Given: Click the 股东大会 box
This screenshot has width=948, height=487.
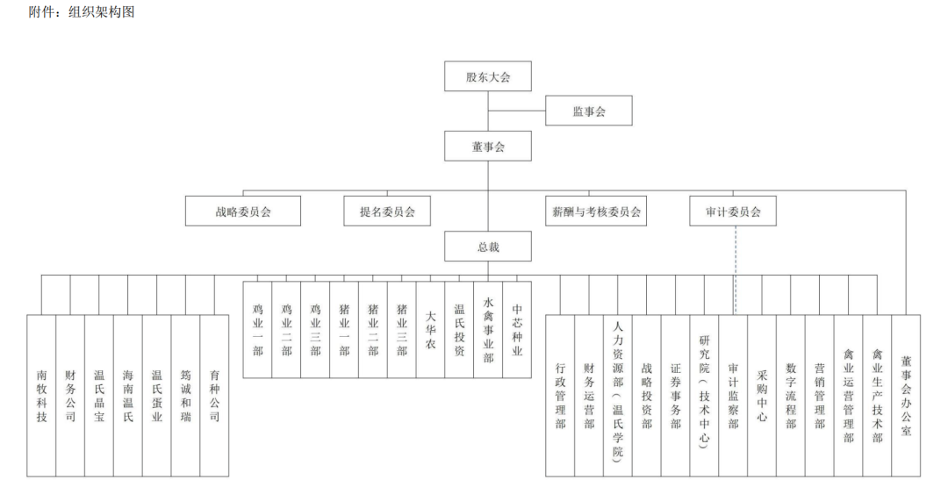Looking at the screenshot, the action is click(488, 76).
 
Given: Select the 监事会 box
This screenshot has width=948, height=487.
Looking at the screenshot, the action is click(589, 111).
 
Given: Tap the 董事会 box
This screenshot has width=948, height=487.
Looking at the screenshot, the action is click(488, 147).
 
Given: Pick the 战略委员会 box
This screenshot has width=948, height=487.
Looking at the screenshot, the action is click(243, 211).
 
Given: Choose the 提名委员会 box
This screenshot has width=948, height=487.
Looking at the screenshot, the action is click(387, 211).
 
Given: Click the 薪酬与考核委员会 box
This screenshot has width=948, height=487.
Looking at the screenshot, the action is click(596, 211).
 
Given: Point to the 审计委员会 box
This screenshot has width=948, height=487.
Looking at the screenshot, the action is click(733, 211).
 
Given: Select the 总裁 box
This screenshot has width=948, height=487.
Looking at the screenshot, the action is click(488, 247).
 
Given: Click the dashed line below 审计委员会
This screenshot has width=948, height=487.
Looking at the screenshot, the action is click(736, 270).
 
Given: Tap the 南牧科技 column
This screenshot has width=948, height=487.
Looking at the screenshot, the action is click(42, 396).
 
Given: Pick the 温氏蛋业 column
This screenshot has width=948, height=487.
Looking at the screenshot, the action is click(157, 396).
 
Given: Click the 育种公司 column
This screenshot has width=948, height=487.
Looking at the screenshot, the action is click(215, 396).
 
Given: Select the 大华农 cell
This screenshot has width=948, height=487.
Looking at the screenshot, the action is click(430, 330).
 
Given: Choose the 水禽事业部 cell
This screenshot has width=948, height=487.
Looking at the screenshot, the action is click(489, 330).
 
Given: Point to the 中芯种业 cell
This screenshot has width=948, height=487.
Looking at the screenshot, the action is click(517, 330).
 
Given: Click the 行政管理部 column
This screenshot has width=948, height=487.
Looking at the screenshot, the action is click(560, 396).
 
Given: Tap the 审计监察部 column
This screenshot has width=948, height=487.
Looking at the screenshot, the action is click(733, 396).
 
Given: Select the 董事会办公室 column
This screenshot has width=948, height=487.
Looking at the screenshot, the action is click(906, 396).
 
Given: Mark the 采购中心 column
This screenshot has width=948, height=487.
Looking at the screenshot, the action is click(762, 396).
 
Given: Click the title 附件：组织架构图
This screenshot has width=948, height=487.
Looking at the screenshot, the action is click(82, 11).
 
